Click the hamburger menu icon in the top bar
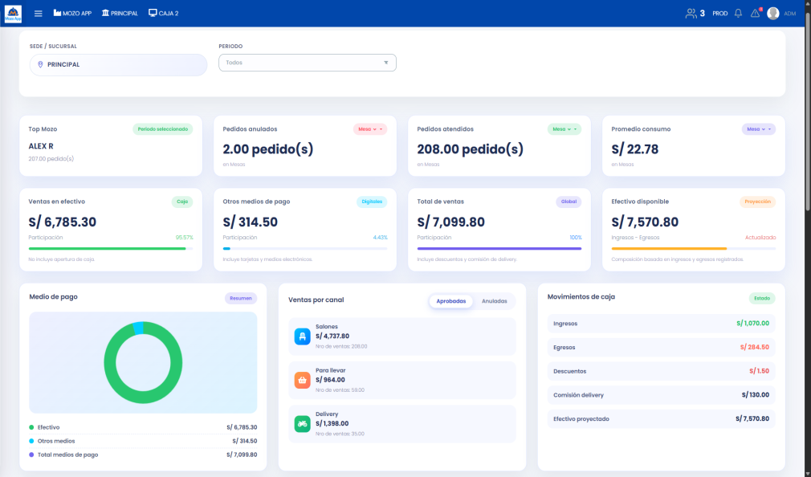pos(38,14)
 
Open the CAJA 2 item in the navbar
pos(164,14)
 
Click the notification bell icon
pos(738,14)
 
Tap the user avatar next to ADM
pos(773,14)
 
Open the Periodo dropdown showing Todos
pos(307,63)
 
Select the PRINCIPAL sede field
pos(118,64)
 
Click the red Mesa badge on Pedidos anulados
pos(369,129)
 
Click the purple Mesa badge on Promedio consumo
pos(758,129)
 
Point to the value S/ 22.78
pos(634,149)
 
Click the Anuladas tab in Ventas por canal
pos(494,301)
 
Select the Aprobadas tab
pos(450,301)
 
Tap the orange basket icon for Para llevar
pos(302,380)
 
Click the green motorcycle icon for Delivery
pos(302,423)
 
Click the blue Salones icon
pos(302,336)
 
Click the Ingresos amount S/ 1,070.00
pos(752,324)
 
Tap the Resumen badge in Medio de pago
pos(240,298)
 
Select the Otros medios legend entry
pos(55,441)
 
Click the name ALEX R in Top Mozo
pos(40,146)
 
